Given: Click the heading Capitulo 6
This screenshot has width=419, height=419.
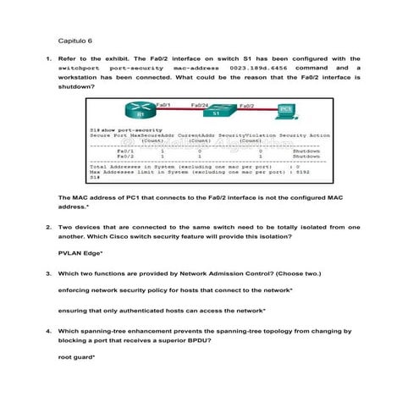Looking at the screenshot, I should pos(74,40).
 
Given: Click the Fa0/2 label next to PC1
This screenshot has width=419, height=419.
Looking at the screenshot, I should pos(248,105).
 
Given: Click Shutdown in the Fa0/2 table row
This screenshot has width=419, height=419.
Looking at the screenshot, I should pos(306,157).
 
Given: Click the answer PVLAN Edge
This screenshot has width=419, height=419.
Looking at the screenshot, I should pos(80,253).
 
